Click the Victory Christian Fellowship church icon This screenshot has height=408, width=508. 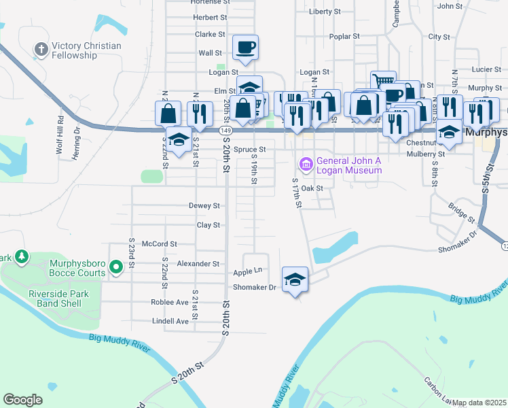pos(41,49)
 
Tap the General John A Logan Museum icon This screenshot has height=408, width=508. pos(306,164)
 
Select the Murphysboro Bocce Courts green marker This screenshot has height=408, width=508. pos(115,267)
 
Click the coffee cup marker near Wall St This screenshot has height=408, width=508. pos(246,48)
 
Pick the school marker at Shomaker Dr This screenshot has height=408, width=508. pos(295,279)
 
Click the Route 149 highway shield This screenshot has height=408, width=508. pos(226,130)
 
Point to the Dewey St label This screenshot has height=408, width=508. pos(204,205)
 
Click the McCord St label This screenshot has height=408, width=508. pos(159,243)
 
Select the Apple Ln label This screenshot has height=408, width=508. pos(248,271)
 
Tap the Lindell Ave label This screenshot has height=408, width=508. pos(170,321)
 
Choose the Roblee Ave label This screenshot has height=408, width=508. pos(170,302)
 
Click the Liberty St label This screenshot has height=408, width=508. pos(324,12)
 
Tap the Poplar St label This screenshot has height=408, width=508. pos(343,37)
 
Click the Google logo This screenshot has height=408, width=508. pos(22,400)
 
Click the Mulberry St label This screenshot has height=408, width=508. pos(422,154)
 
